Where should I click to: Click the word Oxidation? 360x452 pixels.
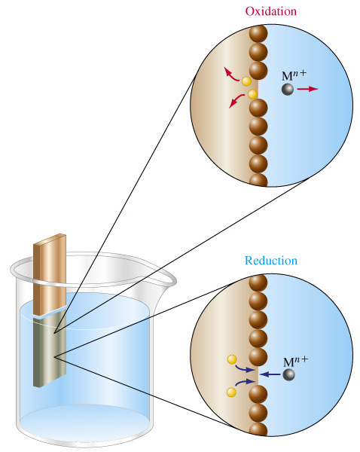pyautogui.click(x=270, y=11)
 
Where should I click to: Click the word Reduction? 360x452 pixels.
pyautogui.click(x=271, y=261)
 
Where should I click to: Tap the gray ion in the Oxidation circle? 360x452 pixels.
pyautogui.click(x=288, y=89)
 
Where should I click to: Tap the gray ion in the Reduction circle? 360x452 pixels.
pyautogui.click(x=288, y=374)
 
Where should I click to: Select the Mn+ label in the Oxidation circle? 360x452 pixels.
pyautogui.click(x=294, y=75)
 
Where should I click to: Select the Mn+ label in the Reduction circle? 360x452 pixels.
pyautogui.click(x=295, y=362)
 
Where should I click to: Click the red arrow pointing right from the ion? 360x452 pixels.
pyautogui.click(x=307, y=89)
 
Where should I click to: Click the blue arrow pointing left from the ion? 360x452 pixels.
pyautogui.click(x=270, y=374)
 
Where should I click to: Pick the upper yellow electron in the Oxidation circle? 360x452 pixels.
pyautogui.click(x=246, y=81)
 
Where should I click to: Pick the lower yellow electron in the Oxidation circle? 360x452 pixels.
pyautogui.click(x=252, y=94)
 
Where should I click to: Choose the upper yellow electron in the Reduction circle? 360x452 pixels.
pyautogui.click(x=232, y=359)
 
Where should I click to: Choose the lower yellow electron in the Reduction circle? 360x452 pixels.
pyautogui.click(x=231, y=392)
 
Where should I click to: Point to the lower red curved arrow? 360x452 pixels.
pyautogui.click(x=236, y=101)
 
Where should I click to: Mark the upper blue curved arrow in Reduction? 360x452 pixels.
pyautogui.click(x=245, y=368)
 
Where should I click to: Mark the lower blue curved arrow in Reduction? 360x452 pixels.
pyautogui.click(x=245, y=382)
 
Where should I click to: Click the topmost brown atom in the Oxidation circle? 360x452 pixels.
pyautogui.click(x=258, y=34)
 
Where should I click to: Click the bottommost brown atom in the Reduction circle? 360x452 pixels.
pyautogui.click(x=258, y=429)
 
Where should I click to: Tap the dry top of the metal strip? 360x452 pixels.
pyautogui.click(x=50, y=274)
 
